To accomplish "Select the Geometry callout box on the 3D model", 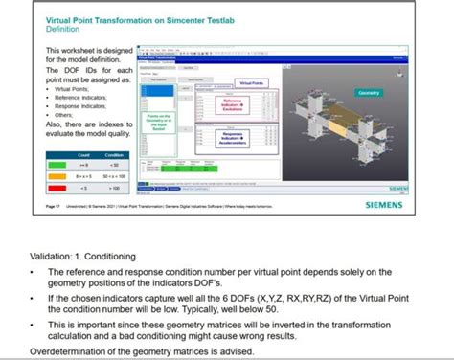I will [x=369, y=93].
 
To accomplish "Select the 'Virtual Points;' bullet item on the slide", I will [x=73, y=88].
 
